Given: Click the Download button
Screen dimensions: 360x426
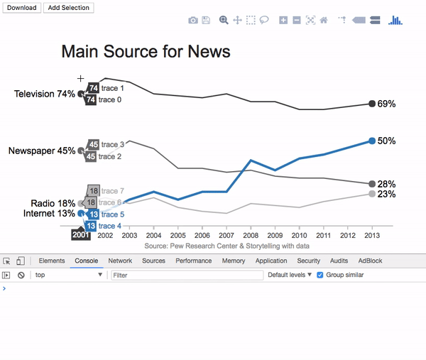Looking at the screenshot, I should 22,8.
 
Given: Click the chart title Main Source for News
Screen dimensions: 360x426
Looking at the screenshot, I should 146,52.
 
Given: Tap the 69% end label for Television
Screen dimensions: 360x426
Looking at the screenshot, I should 386,104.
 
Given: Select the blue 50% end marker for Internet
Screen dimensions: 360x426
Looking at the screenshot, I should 372,141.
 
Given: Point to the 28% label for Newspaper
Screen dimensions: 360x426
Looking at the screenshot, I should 386,184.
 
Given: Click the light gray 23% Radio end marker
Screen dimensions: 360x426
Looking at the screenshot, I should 372,194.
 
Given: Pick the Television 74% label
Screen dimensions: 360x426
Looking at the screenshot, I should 45,94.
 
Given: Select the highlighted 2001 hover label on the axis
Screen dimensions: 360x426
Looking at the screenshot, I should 81,235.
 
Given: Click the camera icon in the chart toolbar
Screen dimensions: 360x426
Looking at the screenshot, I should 193,21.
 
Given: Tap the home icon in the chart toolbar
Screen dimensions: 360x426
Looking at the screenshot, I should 324,21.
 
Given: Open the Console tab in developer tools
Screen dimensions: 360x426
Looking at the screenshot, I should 87,261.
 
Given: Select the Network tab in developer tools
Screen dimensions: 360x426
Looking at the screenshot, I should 120,261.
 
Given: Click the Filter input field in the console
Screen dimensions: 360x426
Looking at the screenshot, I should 185,275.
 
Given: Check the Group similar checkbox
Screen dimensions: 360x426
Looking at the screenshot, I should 319,275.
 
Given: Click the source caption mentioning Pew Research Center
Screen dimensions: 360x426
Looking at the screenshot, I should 226,246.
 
